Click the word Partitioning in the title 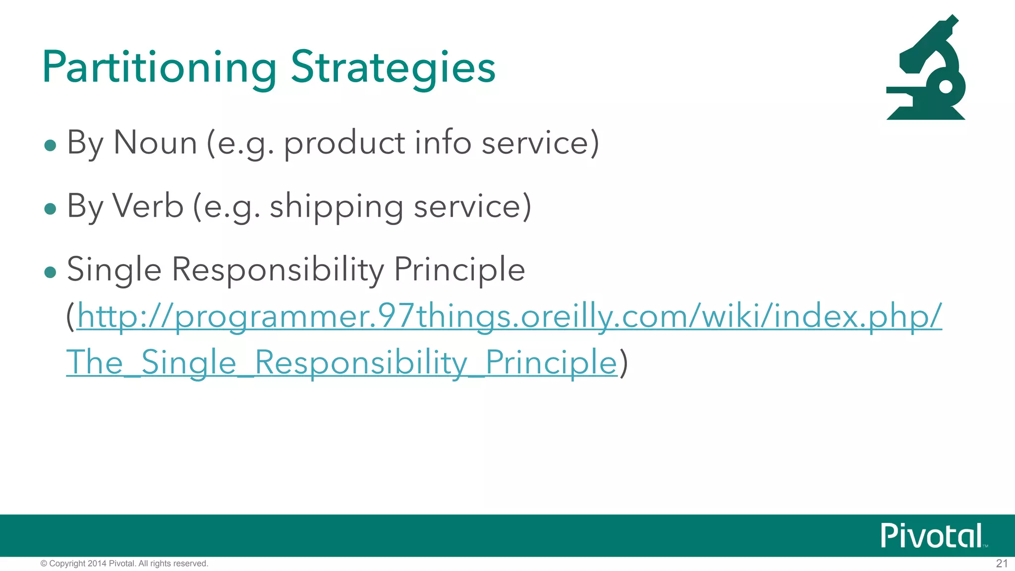(x=159, y=68)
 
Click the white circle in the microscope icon (x=946, y=87)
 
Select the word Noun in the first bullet (x=155, y=143)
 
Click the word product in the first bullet (x=344, y=144)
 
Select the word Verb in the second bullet (x=148, y=206)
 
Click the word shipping (x=336, y=207)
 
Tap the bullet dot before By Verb (x=50, y=209)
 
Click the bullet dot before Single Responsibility (x=50, y=272)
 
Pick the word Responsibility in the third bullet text (x=278, y=270)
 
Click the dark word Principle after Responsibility (x=459, y=270)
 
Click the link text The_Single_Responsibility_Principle (x=342, y=362)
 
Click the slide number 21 (x=1002, y=564)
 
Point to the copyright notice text (x=124, y=564)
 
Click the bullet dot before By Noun (x=50, y=145)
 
